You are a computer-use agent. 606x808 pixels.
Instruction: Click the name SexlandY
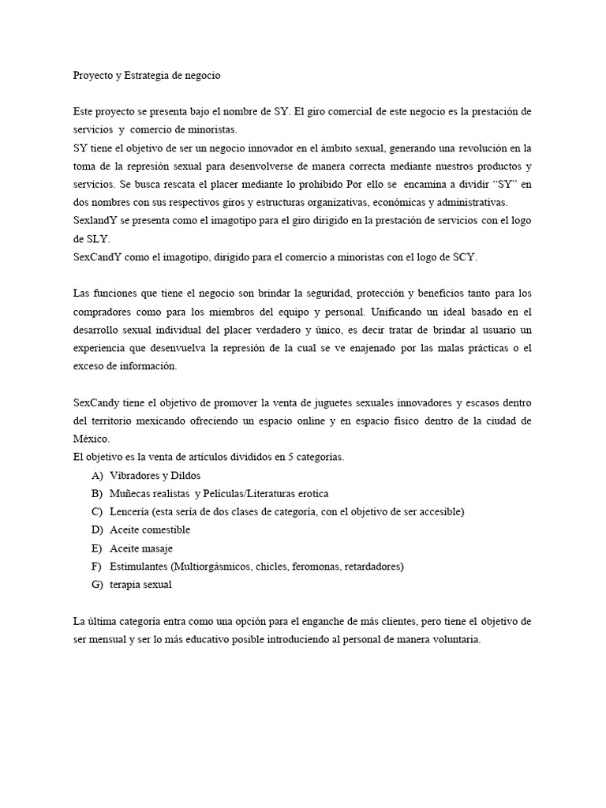coord(95,221)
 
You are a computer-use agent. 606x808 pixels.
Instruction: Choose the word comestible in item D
coord(163,530)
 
